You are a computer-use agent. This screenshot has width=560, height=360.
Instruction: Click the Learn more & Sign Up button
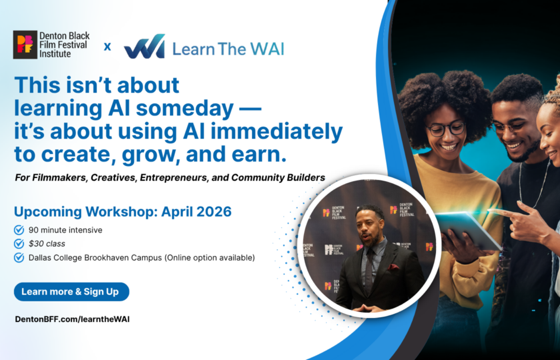(71, 291)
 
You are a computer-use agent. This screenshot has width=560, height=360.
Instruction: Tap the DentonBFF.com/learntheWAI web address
(72, 319)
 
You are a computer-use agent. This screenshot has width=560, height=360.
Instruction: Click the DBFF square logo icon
(25, 45)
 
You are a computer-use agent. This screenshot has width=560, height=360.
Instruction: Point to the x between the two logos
(107, 47)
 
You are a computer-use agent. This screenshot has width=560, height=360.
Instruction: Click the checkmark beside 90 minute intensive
(19, 230)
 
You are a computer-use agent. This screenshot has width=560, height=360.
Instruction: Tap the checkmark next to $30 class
(19, 243)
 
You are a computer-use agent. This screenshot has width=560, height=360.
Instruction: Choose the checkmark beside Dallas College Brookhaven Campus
(19, 257)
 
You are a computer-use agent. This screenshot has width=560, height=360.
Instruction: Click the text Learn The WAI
(227, 48)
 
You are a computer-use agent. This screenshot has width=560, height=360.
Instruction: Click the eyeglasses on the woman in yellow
(445, 129)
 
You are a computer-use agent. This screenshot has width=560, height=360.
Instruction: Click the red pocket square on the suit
(393, 267)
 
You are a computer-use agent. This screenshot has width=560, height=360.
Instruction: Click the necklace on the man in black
(531, 187)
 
